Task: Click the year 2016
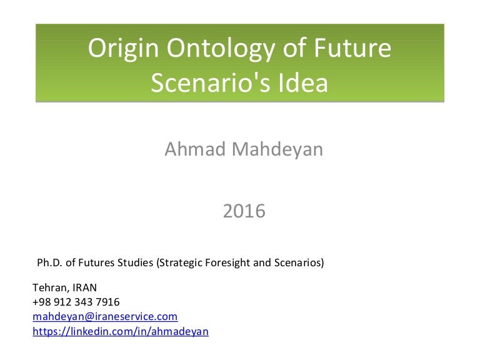(244, 212)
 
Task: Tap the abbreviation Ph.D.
(51, 262)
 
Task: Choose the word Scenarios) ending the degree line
(299, 262)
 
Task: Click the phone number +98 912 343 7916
(76, 302)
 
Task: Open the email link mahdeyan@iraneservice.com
(105, 317)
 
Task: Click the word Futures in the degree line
(92, 262)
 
